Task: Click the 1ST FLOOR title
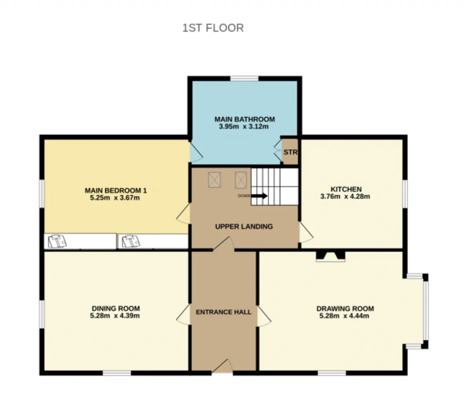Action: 213,28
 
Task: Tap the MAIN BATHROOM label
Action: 244,119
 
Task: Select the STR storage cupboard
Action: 290,152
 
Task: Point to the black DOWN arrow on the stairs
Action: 259,196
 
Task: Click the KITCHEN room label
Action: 346,189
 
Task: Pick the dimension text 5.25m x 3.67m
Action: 115,198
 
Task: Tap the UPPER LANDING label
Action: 244,226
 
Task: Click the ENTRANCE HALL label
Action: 223,312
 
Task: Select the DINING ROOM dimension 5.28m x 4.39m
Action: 115,316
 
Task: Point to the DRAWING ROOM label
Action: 345,308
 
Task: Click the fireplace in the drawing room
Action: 330,256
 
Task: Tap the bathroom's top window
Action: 244,78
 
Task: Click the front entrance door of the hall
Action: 222,367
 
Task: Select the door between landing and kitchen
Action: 306,232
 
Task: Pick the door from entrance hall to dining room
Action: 184,315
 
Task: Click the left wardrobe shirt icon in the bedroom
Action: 57,241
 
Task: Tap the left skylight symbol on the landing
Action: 214,180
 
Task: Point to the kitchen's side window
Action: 405,194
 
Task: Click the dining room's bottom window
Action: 117,373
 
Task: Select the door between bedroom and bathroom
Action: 196,152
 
